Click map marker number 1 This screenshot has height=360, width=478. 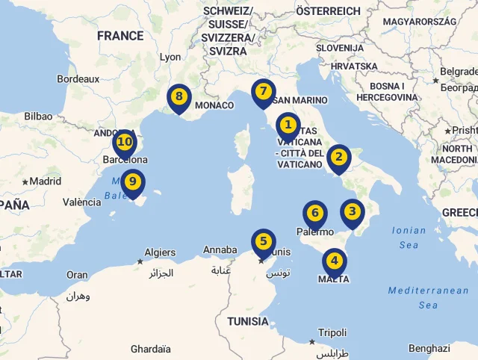pyautogui.click(x=288, y=126)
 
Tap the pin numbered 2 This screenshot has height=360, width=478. pyautogui.click(x=338, y=158)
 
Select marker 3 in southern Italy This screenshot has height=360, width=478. pyautogui.click(x=352, y=212)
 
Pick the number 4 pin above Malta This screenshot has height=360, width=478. pyautogui.click(x=334, y=261)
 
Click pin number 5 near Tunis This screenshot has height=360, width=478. pyautogui.click(x=263, y=242)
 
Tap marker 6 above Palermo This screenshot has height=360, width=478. pyautogui.click(x=314, y=214)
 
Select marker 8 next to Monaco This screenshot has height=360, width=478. pyautogui.click(x=179, y=97)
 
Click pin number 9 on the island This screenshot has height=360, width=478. pyautogui.click(x=132, y=181)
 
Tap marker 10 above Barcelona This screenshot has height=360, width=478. pyautogui.click(x=125, y=142)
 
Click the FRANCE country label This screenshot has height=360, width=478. pyautogui.click(x=119, y=35)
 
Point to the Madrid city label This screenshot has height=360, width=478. pyautogui.click(x=45, y=181)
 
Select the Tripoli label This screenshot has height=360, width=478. pyautogui.click(x=332, y=332)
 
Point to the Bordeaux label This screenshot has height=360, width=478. pyautogui.click(x=78, y=78)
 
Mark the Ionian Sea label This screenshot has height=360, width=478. pyautogui.click(x=409, y=238)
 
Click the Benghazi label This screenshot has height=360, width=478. pyautogui.click(x=429, y=348)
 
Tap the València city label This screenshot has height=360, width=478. pyautogui.click(x=81, y=202)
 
